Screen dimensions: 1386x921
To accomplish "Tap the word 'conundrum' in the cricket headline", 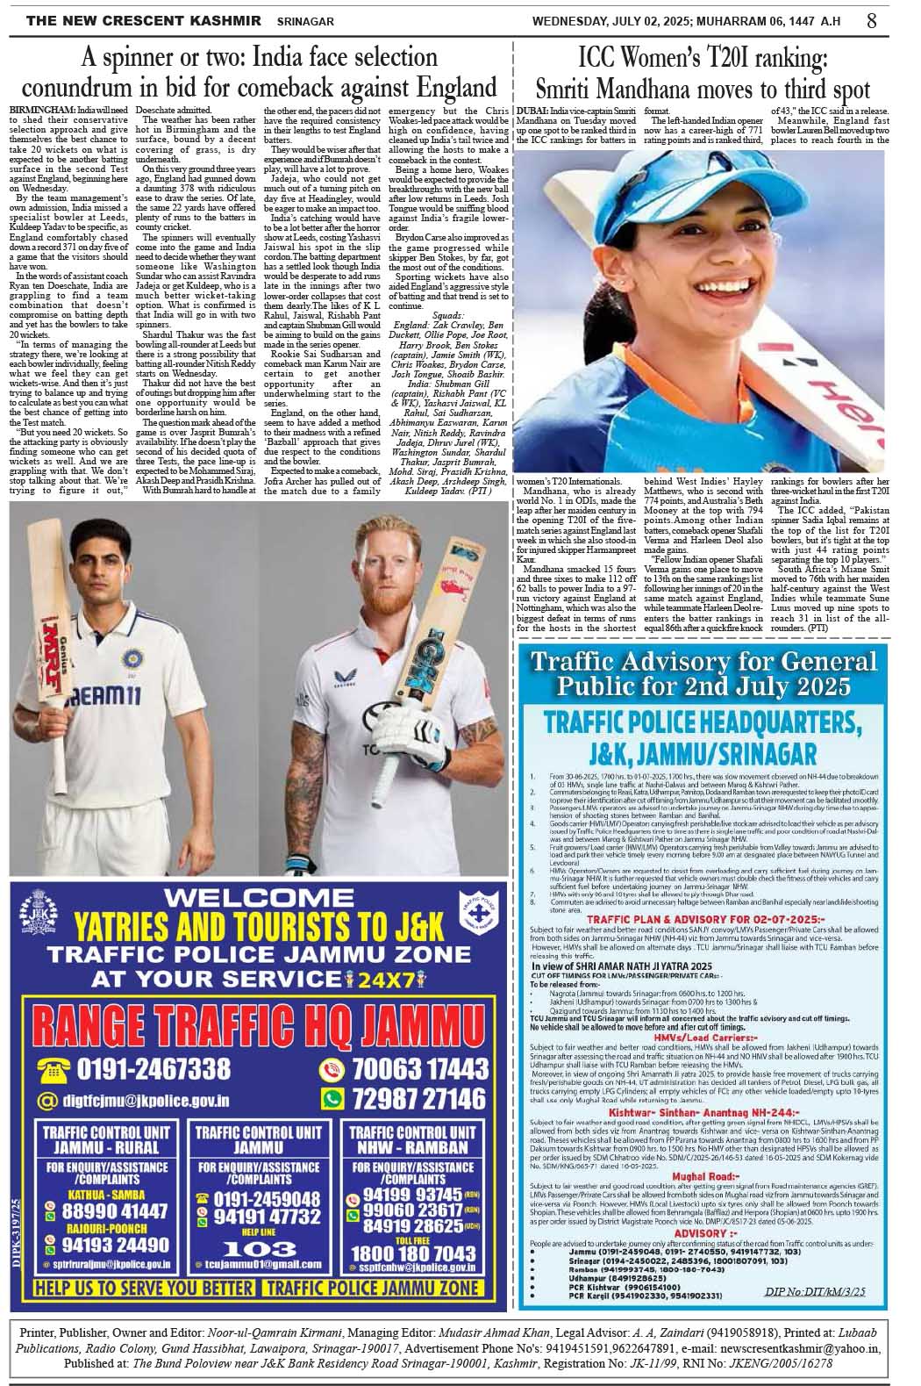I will (86, 89).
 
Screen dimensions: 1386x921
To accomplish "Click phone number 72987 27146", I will (418, 1098).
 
